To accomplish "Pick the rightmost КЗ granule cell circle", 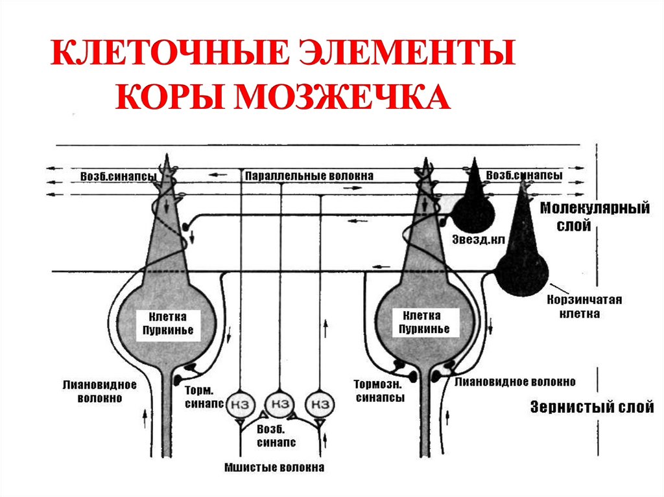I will click(x=320, y=405).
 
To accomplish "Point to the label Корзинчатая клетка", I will click(x=584, y=306).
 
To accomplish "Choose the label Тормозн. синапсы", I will click(x=380, y=391).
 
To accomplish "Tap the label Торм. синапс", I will click(x=204, y=397).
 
